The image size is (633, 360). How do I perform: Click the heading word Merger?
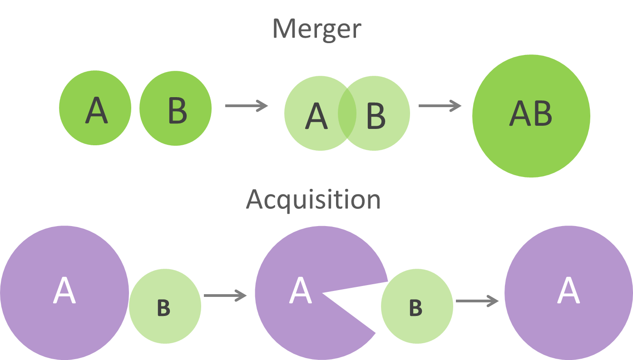(x=316, y=29)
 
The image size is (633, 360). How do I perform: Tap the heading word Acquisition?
(x=313, y=199)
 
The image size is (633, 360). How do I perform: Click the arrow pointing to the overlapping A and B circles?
(x=247, y=106)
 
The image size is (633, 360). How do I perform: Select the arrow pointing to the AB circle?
(x=440, y=106)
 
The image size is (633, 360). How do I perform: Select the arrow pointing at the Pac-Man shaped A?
(x=225, y=296)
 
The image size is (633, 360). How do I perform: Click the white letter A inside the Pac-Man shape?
(x=301, y=291)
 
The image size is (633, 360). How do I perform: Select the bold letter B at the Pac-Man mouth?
(x=415, y=308)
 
